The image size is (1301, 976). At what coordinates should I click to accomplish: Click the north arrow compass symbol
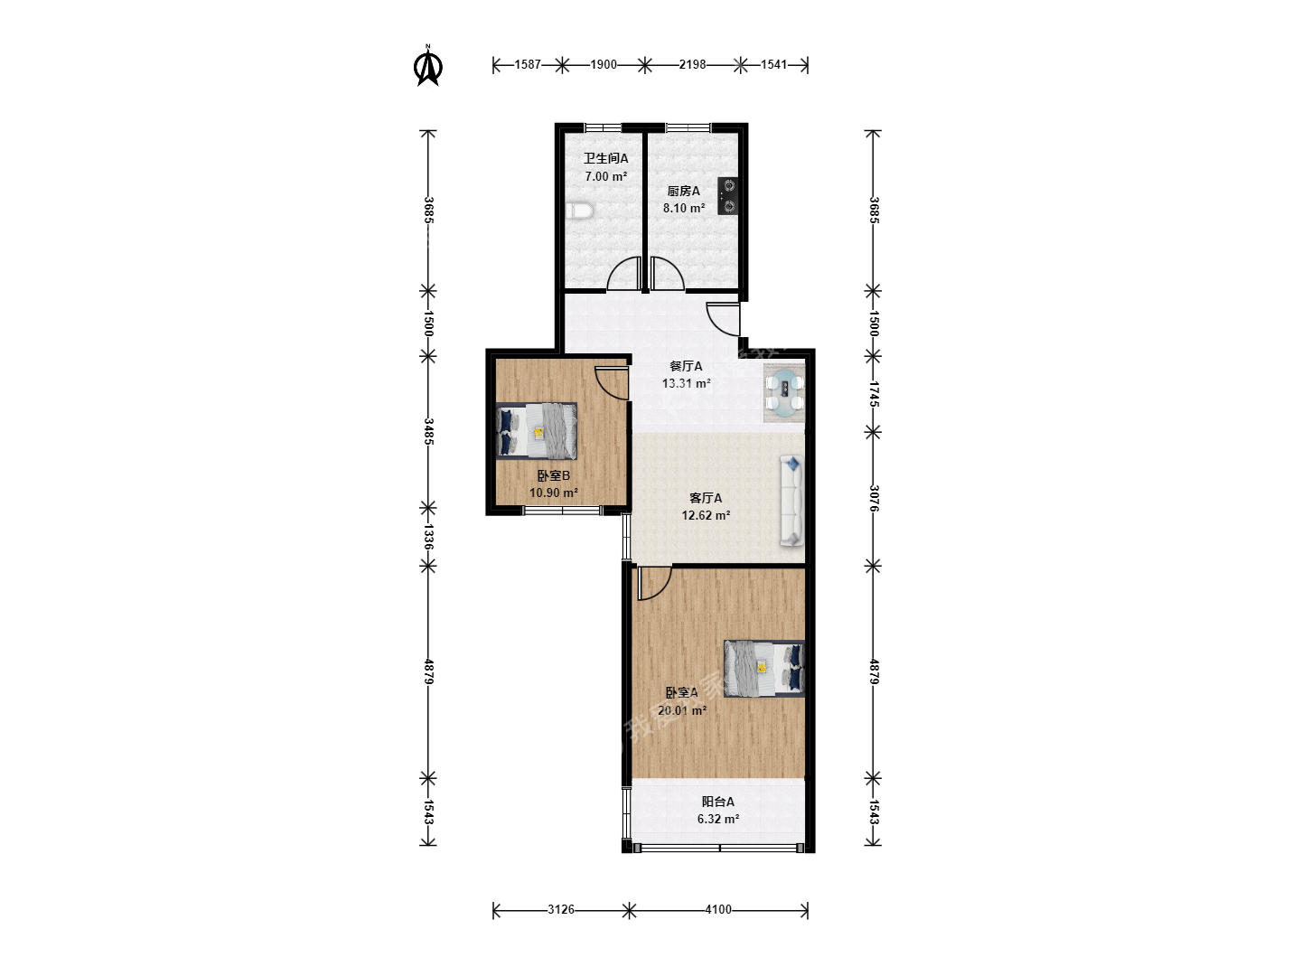427,65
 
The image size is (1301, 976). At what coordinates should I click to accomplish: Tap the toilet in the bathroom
579,211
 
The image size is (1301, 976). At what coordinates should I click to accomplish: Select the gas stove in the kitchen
728,196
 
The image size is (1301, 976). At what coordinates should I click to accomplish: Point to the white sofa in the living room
791,501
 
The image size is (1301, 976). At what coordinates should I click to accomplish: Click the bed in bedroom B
537,431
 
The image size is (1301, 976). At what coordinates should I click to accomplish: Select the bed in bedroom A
764,669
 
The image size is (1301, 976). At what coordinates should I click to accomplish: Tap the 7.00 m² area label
605,176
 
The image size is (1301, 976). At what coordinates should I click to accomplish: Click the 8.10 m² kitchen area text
684,208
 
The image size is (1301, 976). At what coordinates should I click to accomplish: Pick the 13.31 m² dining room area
687,383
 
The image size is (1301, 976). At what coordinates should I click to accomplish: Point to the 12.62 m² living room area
706,515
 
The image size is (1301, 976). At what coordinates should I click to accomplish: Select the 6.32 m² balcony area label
718,819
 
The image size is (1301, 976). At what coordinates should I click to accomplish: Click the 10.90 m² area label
554,493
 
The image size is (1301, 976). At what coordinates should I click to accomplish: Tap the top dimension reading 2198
692,64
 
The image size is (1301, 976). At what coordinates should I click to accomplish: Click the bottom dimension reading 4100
718,910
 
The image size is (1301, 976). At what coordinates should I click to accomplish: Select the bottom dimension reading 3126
561,910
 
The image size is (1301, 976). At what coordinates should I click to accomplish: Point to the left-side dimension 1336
428,537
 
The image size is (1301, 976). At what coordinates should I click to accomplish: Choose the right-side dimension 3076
874,498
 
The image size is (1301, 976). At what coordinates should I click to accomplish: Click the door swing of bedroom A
654,584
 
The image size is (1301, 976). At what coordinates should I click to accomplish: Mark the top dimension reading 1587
528,64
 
